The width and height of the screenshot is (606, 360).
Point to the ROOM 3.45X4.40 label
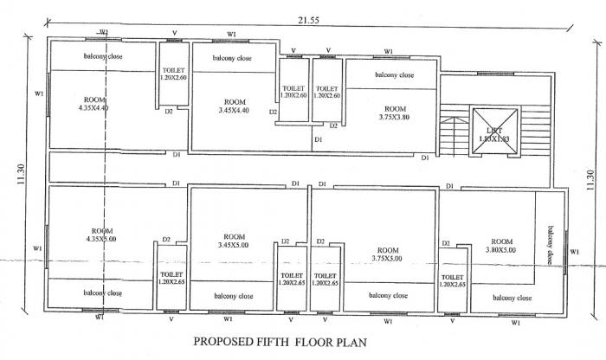(x=231, y=106)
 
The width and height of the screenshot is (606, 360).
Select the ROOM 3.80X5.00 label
(x=500, y=246)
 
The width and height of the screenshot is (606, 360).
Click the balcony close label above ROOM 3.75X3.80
(x=392, y=75)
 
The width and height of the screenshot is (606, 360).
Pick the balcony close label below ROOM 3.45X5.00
(x=232, y=295)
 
